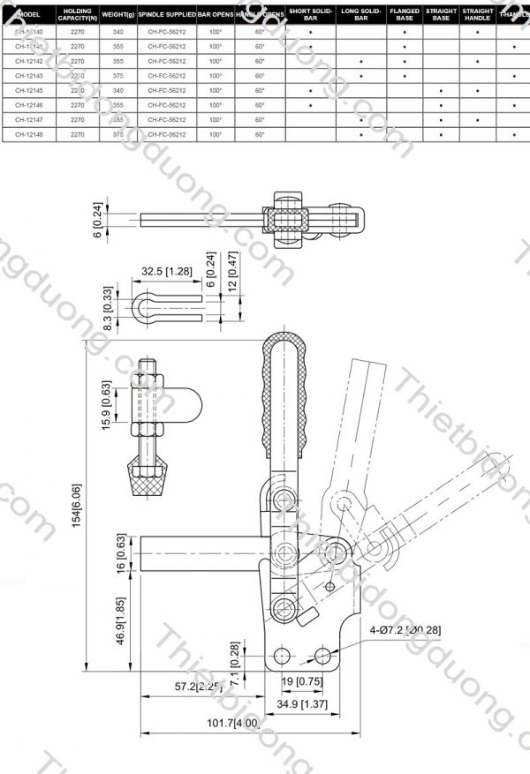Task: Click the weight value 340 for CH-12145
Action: pyautogui.click(x=118, y=90)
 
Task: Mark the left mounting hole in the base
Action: pyautogui.click(x=282, y=655)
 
